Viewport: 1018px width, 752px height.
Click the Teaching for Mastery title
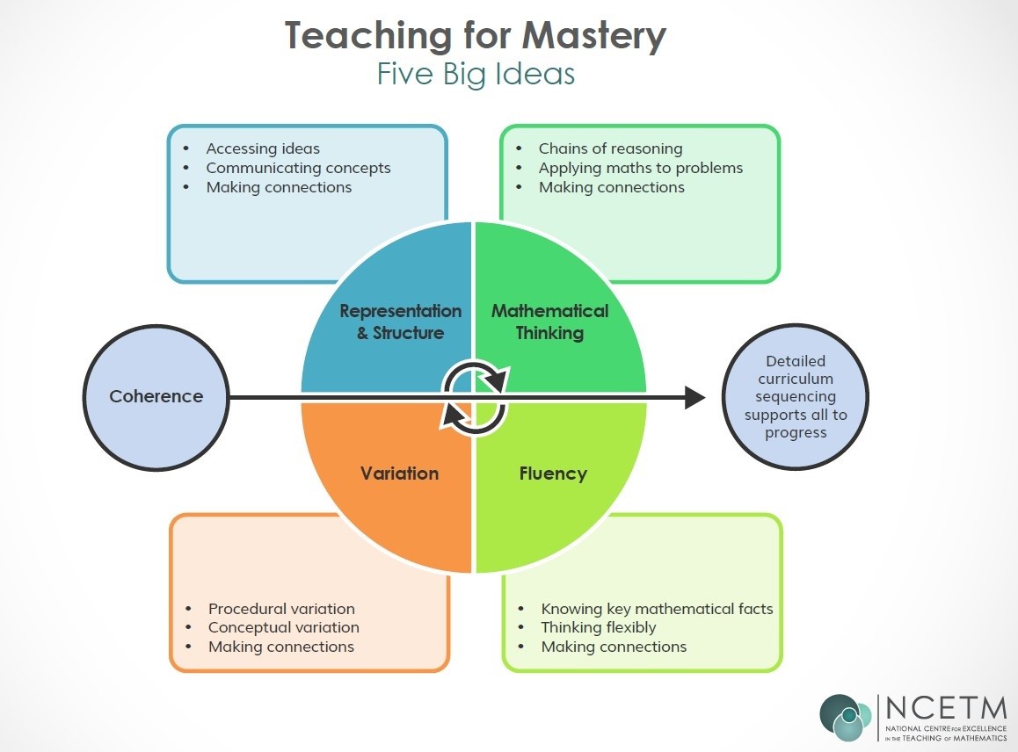pos(476,36)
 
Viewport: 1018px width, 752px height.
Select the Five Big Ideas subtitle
pos(476,74)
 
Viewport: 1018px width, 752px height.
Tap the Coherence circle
pos(156,396)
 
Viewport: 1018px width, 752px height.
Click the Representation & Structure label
pos(400,322)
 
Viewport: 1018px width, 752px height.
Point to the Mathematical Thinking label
pos(549,322)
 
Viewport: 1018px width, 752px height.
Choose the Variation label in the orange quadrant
pos(399,474)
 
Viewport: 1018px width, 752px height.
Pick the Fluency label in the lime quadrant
pos(553,474)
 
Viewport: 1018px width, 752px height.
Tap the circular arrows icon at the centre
pos(475,397)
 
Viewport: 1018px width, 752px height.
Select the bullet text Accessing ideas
pos(263,148)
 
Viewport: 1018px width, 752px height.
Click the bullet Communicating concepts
pos(298,168)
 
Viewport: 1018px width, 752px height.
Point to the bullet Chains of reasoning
pos(610,148)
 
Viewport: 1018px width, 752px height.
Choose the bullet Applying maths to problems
pos(640,168)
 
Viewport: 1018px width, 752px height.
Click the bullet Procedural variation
pos(281,609)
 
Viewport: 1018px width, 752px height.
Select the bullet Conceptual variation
pos(283,627)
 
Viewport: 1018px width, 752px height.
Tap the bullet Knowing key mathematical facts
pos(657,609)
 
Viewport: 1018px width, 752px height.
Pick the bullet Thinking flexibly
pos(598,627)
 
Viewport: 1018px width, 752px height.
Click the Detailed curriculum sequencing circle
pos(795,396)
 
